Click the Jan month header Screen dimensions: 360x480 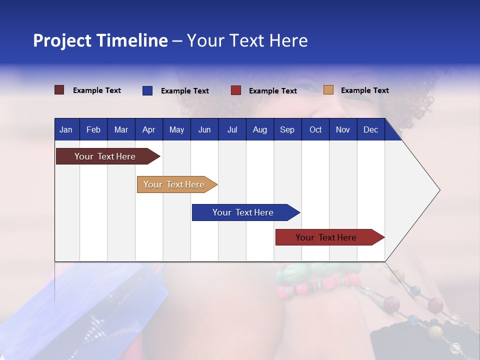[66, 130]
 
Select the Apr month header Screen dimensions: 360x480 [149, 130]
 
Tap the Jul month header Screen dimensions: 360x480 [232, 130]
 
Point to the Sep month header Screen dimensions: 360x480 [287, 130]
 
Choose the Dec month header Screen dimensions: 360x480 [370, 130]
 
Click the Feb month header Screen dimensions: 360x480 [93, 130]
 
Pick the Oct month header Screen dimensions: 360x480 [315, 130]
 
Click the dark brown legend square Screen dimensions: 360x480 [59, 90]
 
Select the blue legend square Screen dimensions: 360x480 [147, 90]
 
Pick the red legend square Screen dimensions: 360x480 [236, 90]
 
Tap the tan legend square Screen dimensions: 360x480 [328, 90]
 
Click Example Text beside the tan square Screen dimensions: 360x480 [364, 90]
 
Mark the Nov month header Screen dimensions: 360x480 [343, 130]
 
